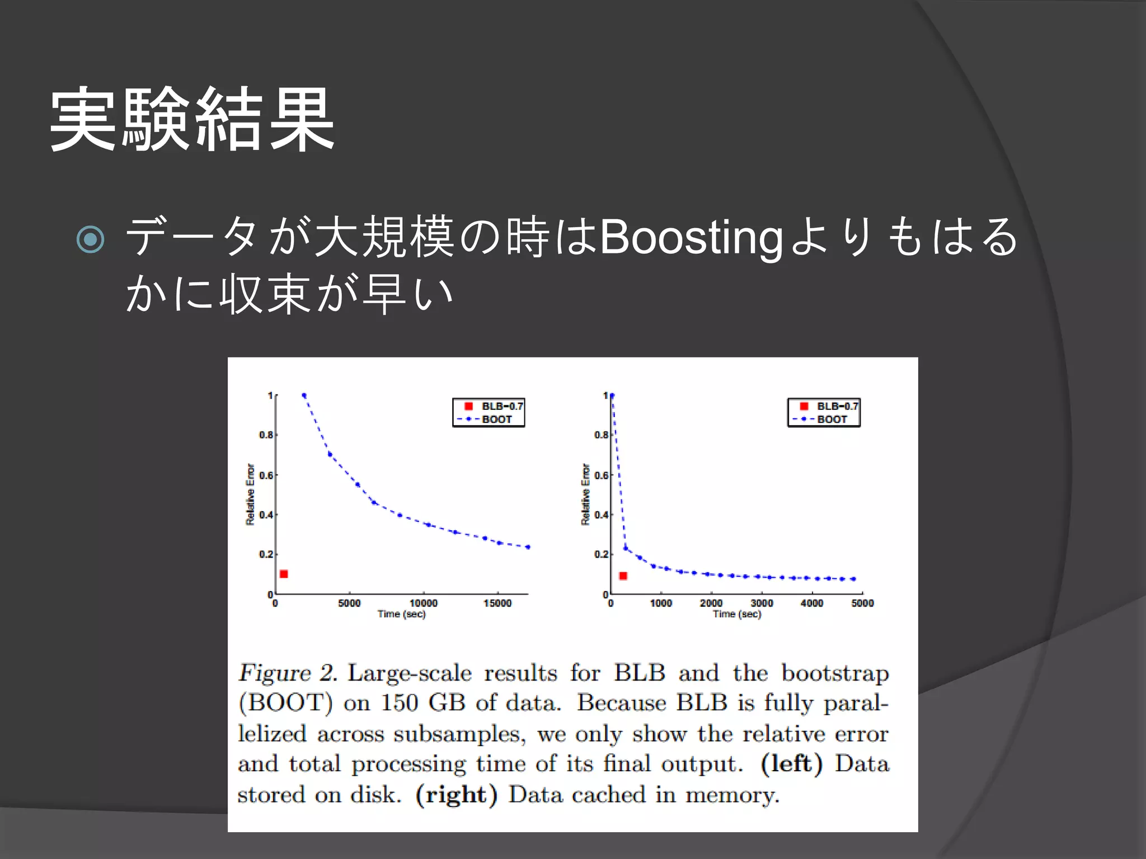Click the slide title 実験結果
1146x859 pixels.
click(192, 119)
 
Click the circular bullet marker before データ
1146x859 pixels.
click(90, 239)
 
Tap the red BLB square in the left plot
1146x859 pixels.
click(284, 574)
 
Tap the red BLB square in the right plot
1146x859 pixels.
click(623, 575)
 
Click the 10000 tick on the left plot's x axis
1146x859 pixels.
click(424, 603)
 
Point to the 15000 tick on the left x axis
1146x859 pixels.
click(497, 603)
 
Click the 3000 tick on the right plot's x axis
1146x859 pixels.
click(762, 603)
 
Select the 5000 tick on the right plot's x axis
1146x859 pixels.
click(862, 603)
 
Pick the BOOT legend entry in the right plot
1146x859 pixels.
click(832, 419)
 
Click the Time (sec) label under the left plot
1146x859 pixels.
click(401, 614)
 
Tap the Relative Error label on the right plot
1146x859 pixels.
click(585, 494)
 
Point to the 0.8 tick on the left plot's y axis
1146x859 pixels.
click(266, 435)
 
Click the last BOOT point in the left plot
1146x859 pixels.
click(528, 547)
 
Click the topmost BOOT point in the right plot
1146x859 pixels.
click(612, 396)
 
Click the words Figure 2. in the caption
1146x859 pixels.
click(288, 673)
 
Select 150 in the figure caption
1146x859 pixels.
click(400, 703)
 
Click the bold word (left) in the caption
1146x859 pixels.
click(791, 764)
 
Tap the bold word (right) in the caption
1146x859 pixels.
click(456, 795)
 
